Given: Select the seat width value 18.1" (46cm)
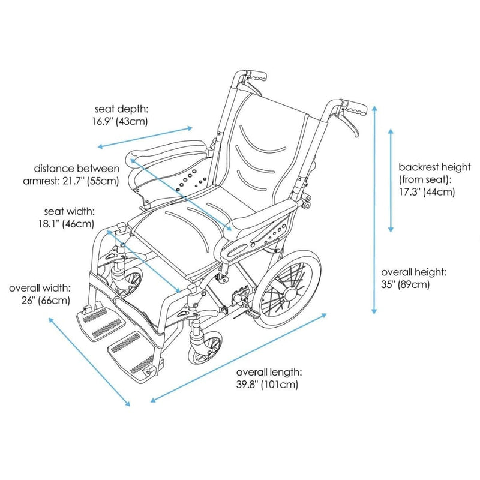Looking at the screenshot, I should tap(70, 224).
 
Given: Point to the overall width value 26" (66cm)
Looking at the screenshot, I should tap(40, 300).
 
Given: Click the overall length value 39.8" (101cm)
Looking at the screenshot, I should tap(266, 383).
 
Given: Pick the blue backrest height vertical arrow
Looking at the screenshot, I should tap(391, 179).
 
